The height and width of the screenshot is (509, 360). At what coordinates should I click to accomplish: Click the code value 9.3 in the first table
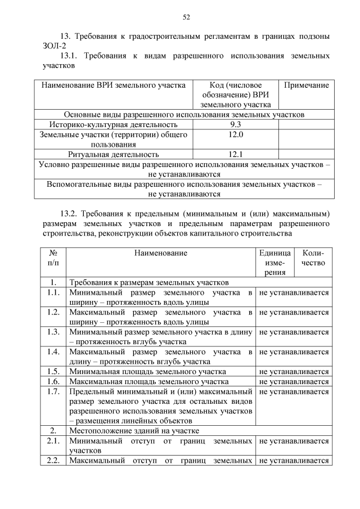coord(236,124)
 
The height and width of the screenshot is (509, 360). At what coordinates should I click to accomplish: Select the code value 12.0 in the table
coord(236,134)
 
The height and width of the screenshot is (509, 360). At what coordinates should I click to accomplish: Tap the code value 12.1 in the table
coord(236,154)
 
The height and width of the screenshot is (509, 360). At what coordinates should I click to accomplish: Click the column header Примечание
coord(306,85)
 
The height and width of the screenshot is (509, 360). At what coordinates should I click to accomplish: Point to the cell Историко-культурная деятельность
coord(113,124)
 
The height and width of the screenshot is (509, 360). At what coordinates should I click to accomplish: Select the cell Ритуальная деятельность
coord(113,154)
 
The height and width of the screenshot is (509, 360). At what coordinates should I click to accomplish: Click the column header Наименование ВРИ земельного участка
coord(113,85)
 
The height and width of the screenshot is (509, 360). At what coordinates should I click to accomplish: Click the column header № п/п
coord(53,258)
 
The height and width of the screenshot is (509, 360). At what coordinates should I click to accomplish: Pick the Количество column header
coord(313,258)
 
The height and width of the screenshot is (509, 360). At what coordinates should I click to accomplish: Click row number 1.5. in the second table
coord(53,371)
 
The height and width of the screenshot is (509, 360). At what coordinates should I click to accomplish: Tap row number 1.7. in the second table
coord(53,391)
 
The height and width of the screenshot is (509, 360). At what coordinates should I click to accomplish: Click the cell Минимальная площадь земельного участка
coord(147,371)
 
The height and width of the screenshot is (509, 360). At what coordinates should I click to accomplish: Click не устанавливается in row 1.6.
coord(294,381)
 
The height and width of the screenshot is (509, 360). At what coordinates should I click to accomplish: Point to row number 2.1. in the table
coord(53,441)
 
